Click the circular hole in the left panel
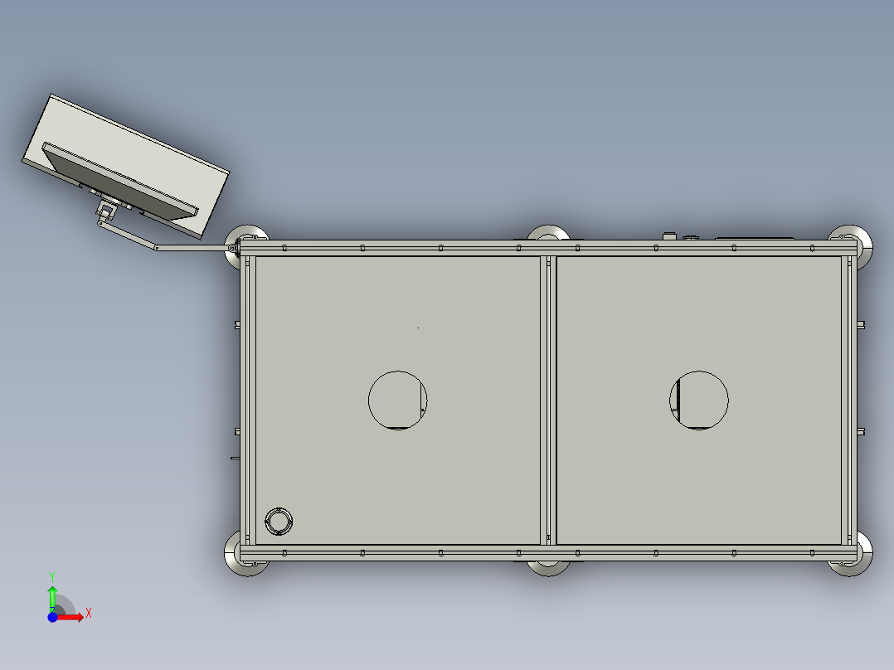397,400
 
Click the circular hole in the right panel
699,400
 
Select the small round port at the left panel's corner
279,521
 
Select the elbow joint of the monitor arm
156,247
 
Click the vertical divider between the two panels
547,400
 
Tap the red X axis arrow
71,617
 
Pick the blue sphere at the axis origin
52,617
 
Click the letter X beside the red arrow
88,613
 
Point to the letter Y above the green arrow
52,575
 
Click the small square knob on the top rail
669,235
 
